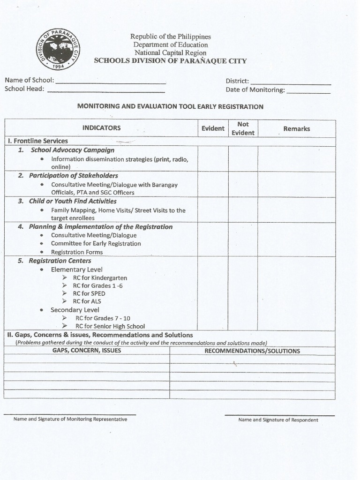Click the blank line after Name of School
point(110,83)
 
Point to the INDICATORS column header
point(101,128)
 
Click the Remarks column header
point(296,128)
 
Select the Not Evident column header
point(243,128)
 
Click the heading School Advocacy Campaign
point(72,150)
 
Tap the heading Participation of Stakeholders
point(73,176)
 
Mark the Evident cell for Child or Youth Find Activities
point(213,210)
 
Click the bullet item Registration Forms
point(77,252)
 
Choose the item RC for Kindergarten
point(99,278)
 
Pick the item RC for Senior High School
point(110,326)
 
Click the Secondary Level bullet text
point(75,310)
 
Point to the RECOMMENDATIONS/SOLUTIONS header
point(252,351)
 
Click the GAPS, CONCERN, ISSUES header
point(87,351)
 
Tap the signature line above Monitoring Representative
point(70,414)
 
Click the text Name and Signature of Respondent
point(278,420)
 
